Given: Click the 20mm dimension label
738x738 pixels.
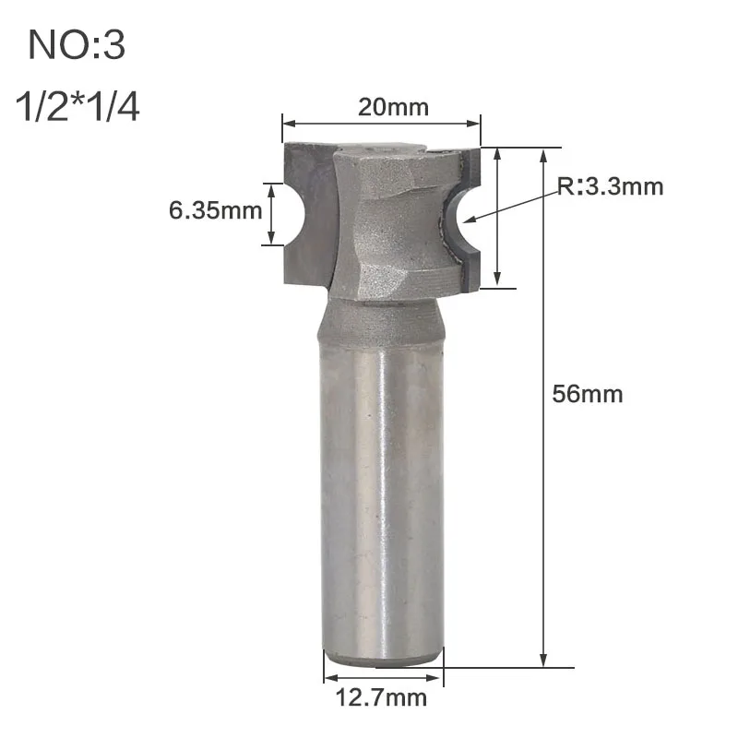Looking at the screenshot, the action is click(394, 107).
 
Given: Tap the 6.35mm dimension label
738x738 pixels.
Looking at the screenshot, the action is click(216, 210).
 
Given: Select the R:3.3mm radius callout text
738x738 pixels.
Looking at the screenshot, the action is click(611, 186).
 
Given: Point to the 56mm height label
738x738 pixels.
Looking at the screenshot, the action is click(588, 394).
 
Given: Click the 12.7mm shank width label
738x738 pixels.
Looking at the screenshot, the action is click(381, 697).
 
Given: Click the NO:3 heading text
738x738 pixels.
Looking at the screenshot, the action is click(77, 45).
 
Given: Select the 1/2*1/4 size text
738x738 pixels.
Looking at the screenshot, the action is click(77, 107).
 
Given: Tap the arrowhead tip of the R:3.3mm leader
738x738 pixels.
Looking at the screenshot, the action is click(464, 220).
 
